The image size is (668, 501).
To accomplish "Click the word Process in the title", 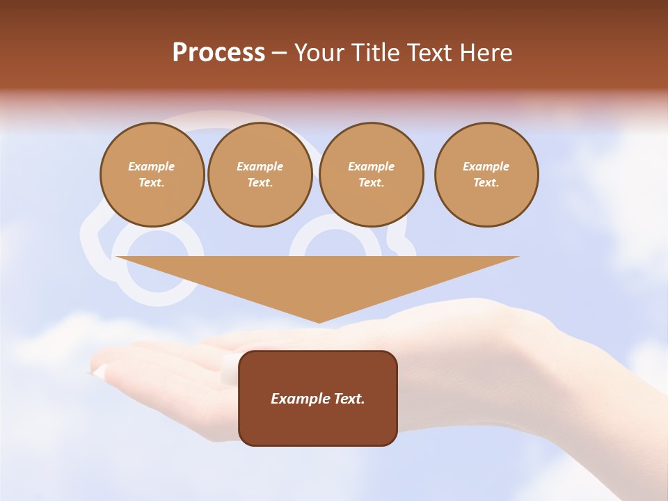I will (x=218, y=53).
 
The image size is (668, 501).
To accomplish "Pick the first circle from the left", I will (x=152, y=175).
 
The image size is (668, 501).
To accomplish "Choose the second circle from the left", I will (x=260, y=175).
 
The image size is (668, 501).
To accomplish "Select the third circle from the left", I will (x=371, y=175).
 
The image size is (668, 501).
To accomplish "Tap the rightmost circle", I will (x=486, y=175).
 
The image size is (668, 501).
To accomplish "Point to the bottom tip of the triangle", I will (x=319, y=321).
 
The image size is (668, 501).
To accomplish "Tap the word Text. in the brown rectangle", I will (x=349, y=399).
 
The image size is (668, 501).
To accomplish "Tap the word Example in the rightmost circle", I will (x=486, y=166).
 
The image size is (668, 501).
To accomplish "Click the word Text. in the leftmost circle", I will (x=152, y=183).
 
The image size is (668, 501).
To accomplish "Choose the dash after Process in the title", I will (x=279, y=53).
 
